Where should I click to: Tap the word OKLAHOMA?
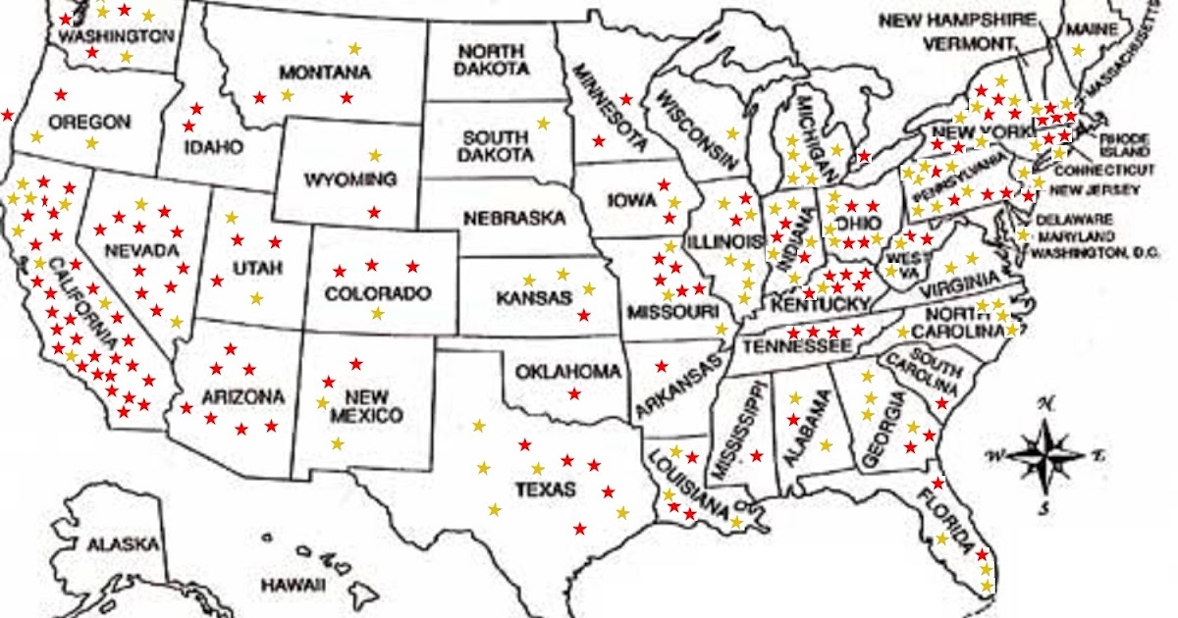(x=568, y=372)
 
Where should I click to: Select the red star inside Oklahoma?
(x=573, y=393)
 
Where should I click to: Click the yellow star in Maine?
(x=1078, y=50)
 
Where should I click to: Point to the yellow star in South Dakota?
(x=543, y=123)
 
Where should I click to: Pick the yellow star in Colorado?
(x=377, y=313)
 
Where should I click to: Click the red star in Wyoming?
(x=373, y=212)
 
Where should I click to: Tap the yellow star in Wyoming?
(x=374, y=155)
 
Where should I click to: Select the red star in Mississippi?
(x=756, y=455)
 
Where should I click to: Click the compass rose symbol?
(x=1046, y=454)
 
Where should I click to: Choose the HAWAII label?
(x=293, y=585)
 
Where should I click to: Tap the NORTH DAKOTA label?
(x=493, y=60)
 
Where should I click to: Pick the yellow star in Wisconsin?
(x=731, y=133)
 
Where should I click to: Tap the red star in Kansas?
(x=584, y=315)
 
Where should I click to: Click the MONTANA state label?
(x=324, y=73)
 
